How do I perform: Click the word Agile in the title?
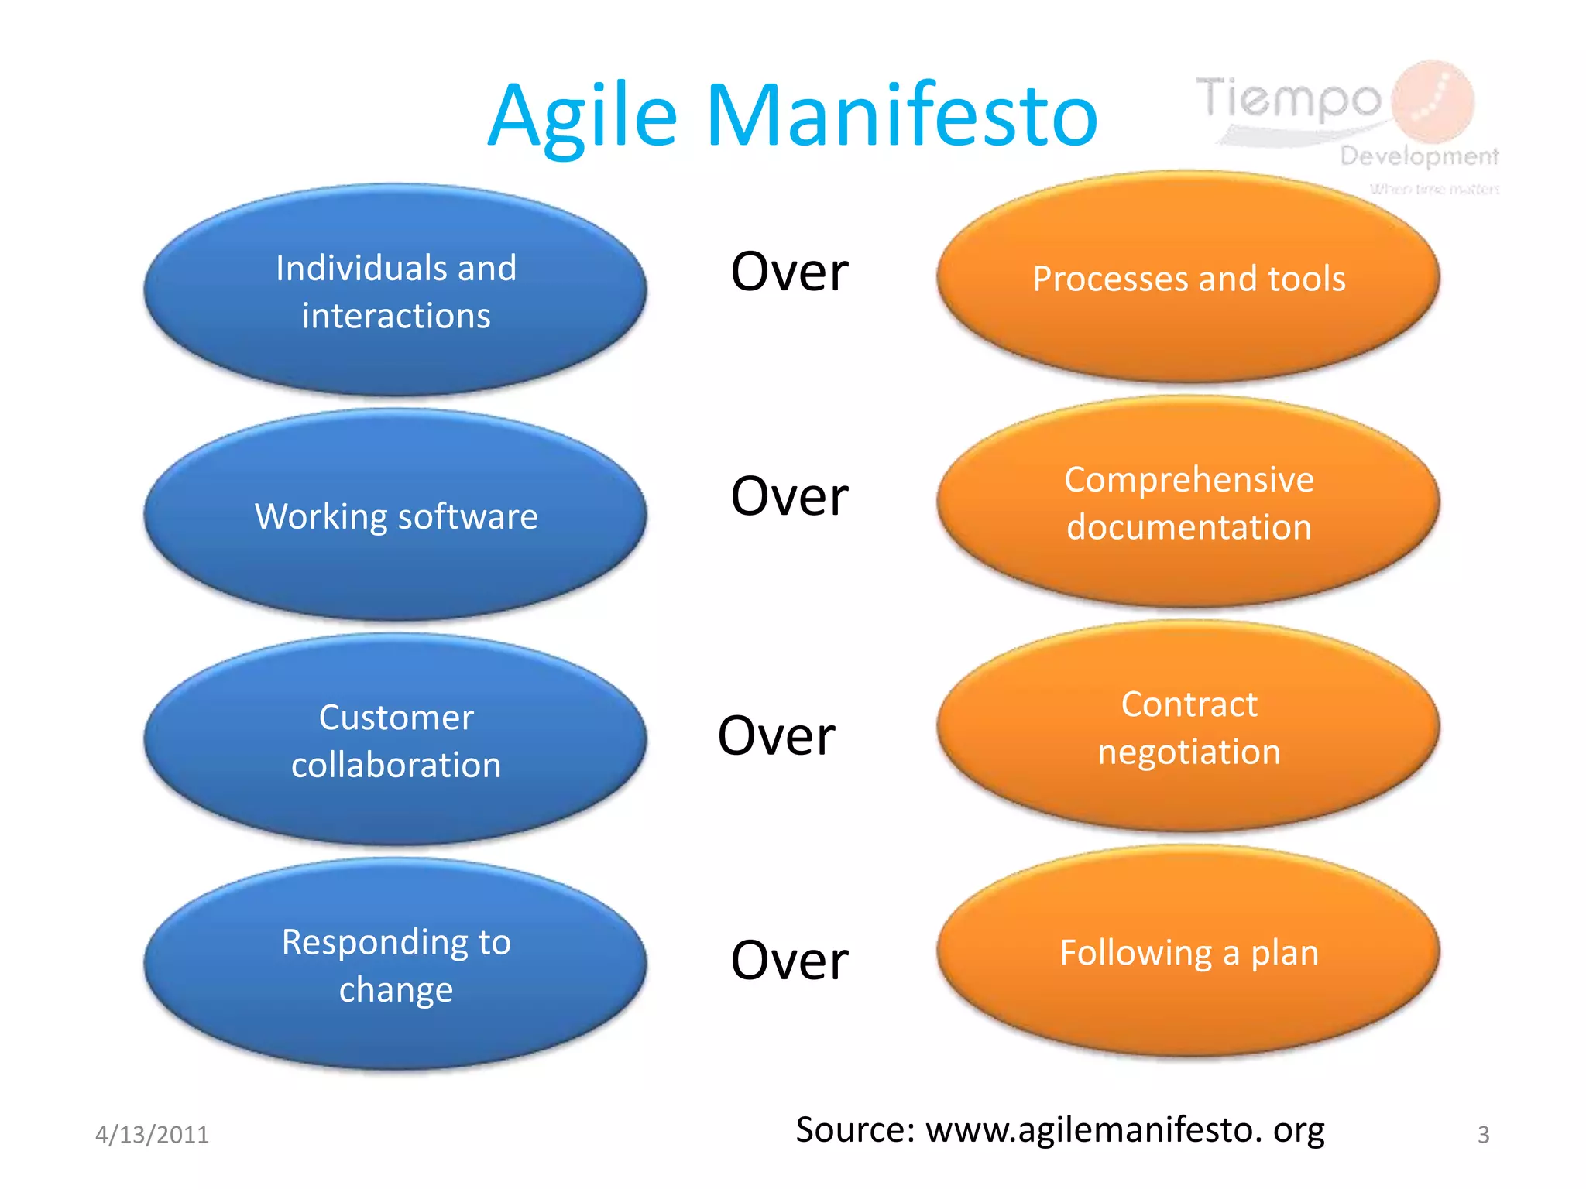click(582, 116)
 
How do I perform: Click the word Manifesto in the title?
click(902, 116)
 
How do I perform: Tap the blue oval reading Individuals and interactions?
click(396, 291)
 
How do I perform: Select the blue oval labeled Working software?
click(396, 516)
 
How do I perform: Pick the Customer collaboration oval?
click(396, 740)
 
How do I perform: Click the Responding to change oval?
click(396, 965)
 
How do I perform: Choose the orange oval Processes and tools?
click(1189, 278)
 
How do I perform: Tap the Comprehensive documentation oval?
click(1189, 502)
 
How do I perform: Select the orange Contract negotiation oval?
click(1189, 727)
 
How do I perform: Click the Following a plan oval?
click(1189, 952)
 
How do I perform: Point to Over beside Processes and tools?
click(789, 272)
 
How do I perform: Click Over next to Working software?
click(789, 496)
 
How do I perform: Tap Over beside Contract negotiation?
click(776, 736)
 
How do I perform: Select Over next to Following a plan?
click(789, 961)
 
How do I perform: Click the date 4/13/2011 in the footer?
click(152, 1135)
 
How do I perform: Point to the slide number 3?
click(1483, 1135)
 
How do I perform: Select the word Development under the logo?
click(1420, 156)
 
